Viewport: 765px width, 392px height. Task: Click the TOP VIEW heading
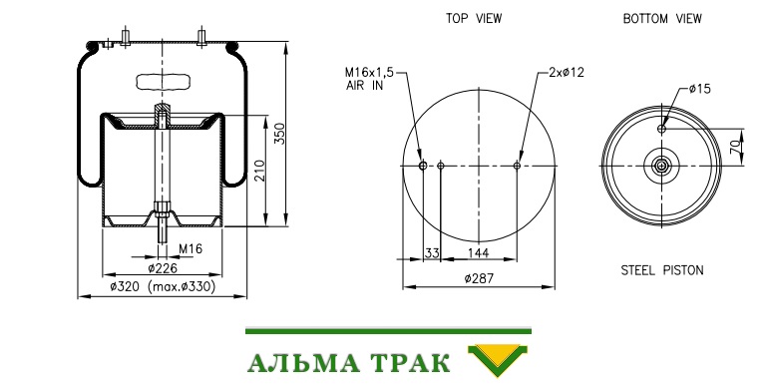473,19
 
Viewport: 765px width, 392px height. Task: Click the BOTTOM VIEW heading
662,19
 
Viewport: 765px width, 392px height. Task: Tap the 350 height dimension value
279,134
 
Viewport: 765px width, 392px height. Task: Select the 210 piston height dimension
260,171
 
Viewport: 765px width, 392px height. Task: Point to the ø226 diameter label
163,268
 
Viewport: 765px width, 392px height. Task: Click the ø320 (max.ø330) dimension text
163,286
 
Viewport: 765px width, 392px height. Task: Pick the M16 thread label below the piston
191,249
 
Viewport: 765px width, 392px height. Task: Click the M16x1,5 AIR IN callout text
369,79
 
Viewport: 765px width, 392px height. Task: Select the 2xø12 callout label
566,72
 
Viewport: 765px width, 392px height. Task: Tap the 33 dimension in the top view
432,253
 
